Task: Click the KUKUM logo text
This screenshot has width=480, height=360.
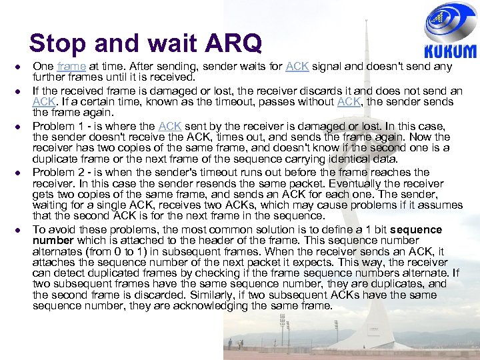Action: (451, 51)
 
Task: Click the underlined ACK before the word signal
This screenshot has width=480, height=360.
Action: (297, 67)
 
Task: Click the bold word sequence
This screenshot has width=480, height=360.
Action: (416, 229)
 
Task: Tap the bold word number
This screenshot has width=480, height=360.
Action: (53, 240)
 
